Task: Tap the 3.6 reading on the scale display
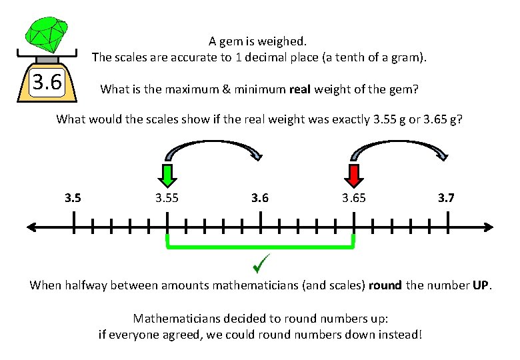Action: point(47,83)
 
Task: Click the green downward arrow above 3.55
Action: point(167,175)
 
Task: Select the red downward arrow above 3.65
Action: point(353,175)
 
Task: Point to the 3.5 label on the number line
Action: point(73,198)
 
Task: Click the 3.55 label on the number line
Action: point(167,198)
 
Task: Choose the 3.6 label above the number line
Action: point(260,198)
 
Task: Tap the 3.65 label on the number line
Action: point(353,198)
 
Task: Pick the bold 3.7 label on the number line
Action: point(446,198)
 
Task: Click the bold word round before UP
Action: point(385,285)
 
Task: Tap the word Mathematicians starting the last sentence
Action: point(175,318)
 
